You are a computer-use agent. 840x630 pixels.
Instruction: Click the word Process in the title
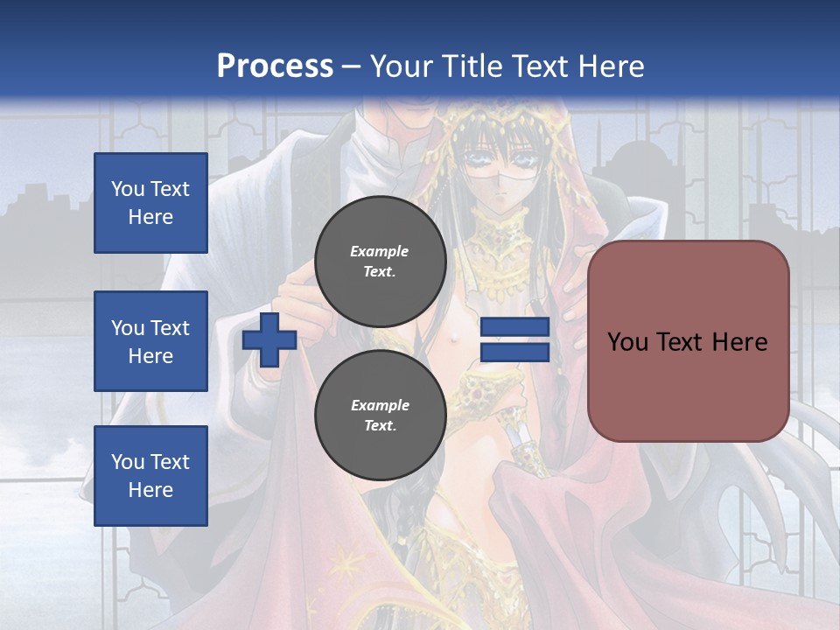pos(275,66)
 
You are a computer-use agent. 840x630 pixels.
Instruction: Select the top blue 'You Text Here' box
pos(150,203)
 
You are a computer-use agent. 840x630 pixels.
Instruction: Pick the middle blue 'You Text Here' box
pos(150,341)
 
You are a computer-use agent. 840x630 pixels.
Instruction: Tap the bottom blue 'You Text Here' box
pos(150,476)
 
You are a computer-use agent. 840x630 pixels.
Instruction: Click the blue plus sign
pos(269,340)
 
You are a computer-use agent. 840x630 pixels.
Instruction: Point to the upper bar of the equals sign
pos(514,326)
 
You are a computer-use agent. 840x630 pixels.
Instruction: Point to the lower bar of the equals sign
pos(514,353)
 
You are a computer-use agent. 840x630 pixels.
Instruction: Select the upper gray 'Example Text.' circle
pos(380,261)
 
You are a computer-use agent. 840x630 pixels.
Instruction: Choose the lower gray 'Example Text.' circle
pos(380,415)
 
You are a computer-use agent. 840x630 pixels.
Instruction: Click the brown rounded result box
pos(688,341)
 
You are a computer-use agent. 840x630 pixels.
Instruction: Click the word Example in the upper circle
pos(380,251)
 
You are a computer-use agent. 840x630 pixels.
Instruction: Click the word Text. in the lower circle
pos(380,426)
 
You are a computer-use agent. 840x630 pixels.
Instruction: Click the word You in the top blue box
pos(128,189)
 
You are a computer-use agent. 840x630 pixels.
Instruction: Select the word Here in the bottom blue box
pos(150,490)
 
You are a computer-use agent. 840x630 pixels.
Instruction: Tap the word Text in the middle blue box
pos(170,328)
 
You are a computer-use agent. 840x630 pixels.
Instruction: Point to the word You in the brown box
pos(627,342)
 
